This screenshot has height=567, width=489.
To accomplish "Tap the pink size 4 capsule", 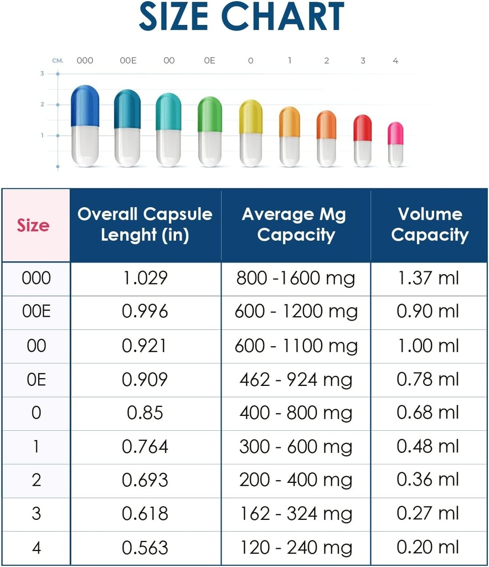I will click(395, 144).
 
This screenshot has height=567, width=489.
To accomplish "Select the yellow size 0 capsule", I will click(251, 133).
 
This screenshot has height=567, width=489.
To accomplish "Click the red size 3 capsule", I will click(363, 140).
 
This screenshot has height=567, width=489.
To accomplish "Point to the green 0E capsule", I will click(210, 131).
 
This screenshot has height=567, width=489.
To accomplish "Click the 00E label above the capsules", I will click(128, 61).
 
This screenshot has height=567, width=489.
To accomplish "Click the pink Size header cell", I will click(34, 225).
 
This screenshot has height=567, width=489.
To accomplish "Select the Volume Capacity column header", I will click(429, 225).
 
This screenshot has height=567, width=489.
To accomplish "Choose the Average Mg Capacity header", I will click(296, 225).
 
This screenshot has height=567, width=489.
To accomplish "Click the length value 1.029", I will click(145, 278).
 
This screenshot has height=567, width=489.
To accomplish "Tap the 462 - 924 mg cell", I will click(296, 379).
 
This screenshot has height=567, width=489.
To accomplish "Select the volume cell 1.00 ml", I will click(428, 346).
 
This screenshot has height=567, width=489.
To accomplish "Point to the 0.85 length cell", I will click(145, 413).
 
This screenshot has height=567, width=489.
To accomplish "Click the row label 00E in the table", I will click(36, 312).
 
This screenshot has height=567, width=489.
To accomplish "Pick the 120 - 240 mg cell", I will click(296, 548).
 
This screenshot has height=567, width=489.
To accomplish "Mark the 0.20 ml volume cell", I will click(428, 548).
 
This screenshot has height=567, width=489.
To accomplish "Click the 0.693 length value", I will click(145, 480).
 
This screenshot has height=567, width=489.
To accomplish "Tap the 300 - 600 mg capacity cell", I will click(296, 447).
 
